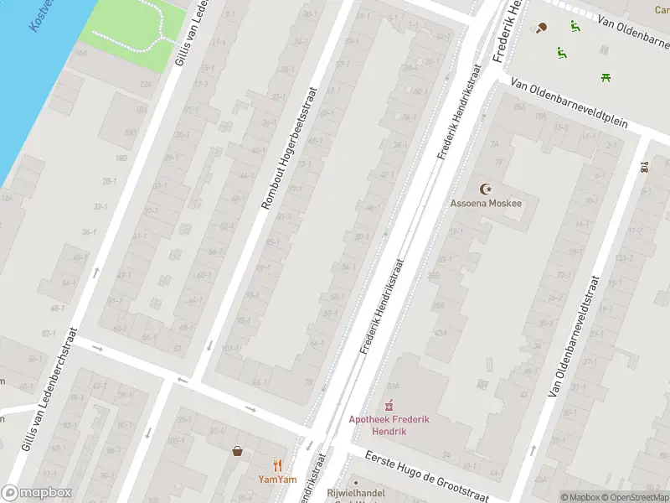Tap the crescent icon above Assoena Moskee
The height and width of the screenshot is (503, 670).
[x=483, y=189]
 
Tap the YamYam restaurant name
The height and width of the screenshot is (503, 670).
[x=277, y=480]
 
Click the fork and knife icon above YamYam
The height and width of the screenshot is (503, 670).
[x=277, y=465]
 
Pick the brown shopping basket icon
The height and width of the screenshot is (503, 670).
[x=238, y=451]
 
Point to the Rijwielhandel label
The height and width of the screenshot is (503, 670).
[x=356, y=494]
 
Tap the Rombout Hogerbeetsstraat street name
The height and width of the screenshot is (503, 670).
[x=290, y=148]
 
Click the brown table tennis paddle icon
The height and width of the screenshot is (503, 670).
[x=541, y=28]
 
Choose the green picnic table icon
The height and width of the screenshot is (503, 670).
[x=605, y=78]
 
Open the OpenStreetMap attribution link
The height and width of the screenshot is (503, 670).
[x=634, y=497]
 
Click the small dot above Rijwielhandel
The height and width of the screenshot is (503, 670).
[x=356, y=483]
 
